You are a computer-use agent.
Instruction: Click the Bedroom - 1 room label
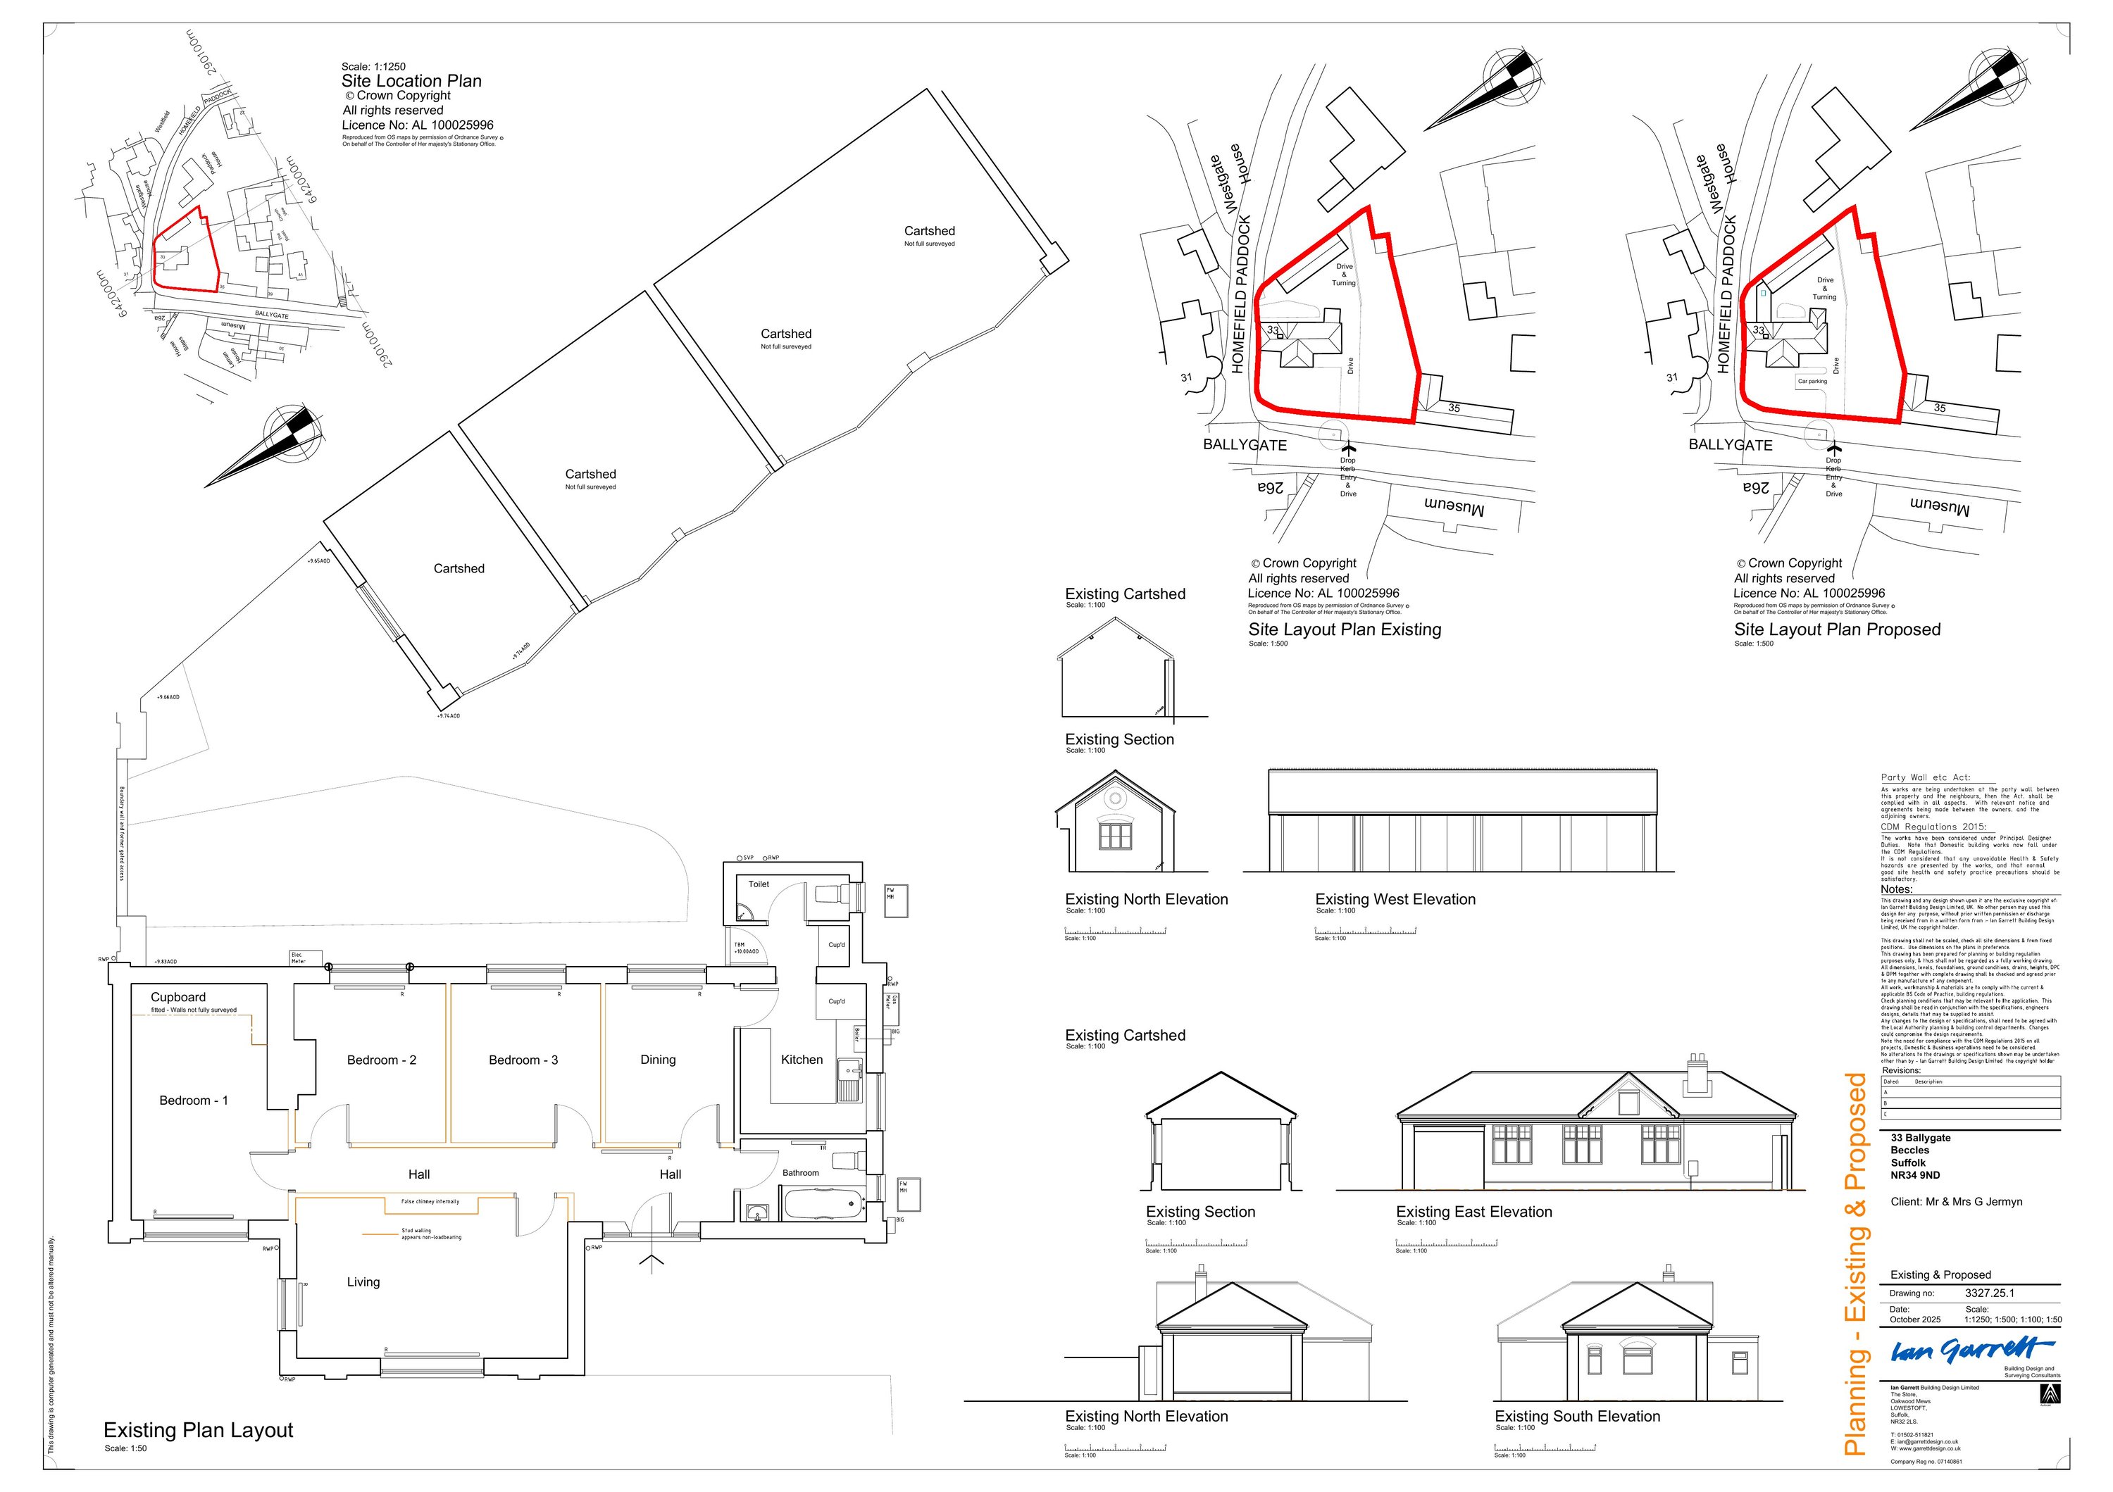tap(193, 1100)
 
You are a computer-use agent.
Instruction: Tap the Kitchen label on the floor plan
tap(802, 1060)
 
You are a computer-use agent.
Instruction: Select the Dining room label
tap(658, 1060)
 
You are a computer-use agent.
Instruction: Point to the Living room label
tap(363, 1282)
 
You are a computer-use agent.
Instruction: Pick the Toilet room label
tap(759, 884)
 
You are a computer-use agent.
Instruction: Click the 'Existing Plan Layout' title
tap(198, 1430)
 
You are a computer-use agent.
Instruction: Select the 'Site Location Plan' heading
tap(411, 81)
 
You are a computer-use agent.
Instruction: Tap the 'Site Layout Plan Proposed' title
tap(1837, 629)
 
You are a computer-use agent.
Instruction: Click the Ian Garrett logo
tap(1970, 1351)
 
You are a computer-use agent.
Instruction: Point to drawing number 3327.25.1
tap(1990, 1293)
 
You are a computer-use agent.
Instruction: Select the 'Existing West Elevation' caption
tap(1395, 900)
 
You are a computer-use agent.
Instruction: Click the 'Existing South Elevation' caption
tap(1578, 1417)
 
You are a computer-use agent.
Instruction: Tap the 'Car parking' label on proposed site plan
tap(1812, 381)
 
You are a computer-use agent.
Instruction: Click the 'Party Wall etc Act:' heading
tap(1924, 777)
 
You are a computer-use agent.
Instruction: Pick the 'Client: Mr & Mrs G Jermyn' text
tap(1957, 1201)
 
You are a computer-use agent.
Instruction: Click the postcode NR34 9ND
tap(1915, 1174)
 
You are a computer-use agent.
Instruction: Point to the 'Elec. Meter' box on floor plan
tap(298, 958)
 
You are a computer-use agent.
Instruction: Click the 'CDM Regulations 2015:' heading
tap(1933, 827)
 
